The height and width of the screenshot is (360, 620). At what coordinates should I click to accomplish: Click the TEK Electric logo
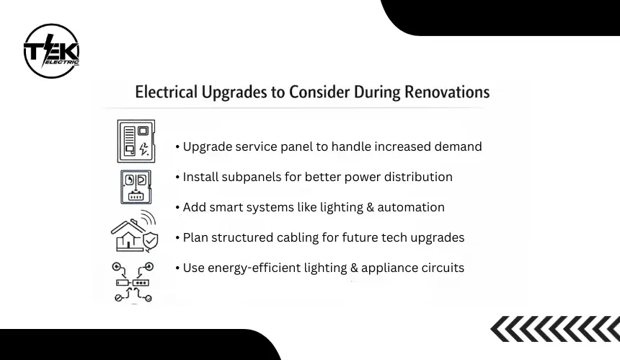point(51,51)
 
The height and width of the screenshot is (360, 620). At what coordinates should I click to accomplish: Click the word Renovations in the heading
point(447,92)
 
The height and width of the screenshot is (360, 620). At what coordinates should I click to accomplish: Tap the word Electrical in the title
point(166,92)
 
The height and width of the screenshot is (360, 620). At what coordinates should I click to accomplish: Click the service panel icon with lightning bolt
point(136,141)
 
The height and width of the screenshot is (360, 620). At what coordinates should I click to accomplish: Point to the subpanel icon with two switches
point(136,187)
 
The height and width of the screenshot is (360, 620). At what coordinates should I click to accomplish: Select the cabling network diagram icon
point(133,282)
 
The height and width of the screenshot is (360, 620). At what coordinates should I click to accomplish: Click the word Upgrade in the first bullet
point(207,146)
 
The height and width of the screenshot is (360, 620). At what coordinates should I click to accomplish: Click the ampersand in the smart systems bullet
point(370,207)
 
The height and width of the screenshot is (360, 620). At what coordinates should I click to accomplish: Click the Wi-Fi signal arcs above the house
point(148,218)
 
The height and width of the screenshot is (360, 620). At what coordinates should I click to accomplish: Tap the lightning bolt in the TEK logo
point(48,50)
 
